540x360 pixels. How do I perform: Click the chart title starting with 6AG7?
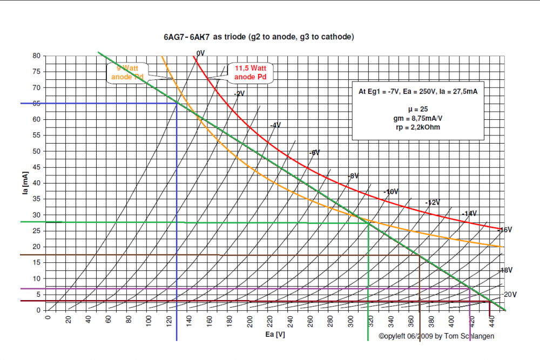click(259, 37)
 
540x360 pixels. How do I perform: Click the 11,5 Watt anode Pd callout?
click(251, 73)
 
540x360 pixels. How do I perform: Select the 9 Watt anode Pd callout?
click(128, 73)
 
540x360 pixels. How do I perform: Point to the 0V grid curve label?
click(200, 53)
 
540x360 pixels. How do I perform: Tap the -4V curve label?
click(275, 125)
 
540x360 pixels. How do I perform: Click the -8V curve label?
click(353, 176)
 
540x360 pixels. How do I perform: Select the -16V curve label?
click(505, 230)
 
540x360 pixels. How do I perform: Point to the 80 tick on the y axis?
click(37, 56)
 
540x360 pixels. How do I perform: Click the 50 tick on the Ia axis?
click(37, 151)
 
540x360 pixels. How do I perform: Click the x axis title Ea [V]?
click(275, 335)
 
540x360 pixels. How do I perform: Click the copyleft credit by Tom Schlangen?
click(436, 336)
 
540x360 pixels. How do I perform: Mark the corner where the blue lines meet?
click(177, 103)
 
